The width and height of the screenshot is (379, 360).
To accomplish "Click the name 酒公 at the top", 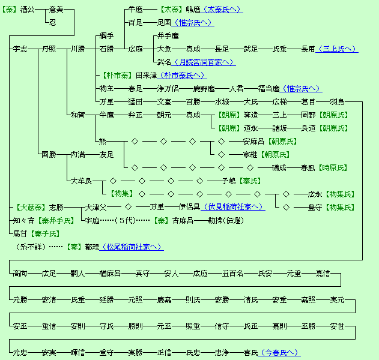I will pyautogui.click(x=28, y=10).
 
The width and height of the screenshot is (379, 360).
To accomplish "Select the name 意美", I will pyautogui.click(x=56, y=10).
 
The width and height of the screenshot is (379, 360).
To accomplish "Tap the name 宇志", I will pyautogui.click(x=20, y=49).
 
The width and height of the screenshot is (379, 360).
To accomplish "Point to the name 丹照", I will pyautogui.click(x=49, y=49).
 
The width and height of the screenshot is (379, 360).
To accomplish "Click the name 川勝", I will pyautogui.click(x=77, y=49).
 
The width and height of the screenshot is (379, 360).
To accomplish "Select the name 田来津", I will pyautogui.click(x=146, y=75).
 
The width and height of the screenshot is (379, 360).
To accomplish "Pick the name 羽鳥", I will pyautogui.click(x=337, y=101).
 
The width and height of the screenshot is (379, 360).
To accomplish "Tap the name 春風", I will pyautogui.click(x=308, y=167).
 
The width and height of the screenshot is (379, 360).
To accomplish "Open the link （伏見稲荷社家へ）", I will pyautogui.click(x=232, y=207).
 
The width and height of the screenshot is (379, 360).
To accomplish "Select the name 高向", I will pyautogui.click(x=20, y=273).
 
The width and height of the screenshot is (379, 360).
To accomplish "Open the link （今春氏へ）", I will pyautogui.click(x=279, y=352).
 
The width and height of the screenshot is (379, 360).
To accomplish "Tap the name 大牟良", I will pyautogui.click(x=81, y=181).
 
